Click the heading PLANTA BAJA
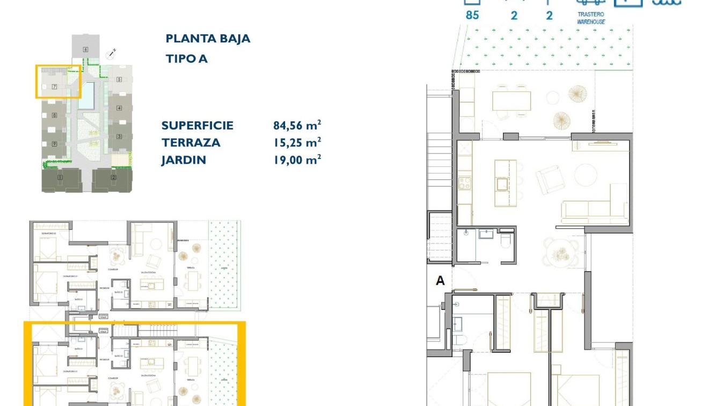[x=208, y=39]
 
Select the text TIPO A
[x=186, y=59]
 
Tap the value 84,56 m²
[x=297, y=126]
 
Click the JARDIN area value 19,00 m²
[x=297, y=160]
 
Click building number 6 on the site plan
[x=85, y=49]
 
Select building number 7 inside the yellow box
[x=54, y=86]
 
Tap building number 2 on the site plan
[x=113, y=177]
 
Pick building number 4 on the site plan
[x=119, y=108]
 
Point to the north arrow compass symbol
[x=112, y=53]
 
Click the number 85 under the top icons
[x=472, y=16]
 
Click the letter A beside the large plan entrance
[x=440, y=281]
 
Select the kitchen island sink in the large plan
[x=502, y=184]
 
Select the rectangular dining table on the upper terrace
[x=512, y=100]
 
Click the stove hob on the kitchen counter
[x=464, y=183]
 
